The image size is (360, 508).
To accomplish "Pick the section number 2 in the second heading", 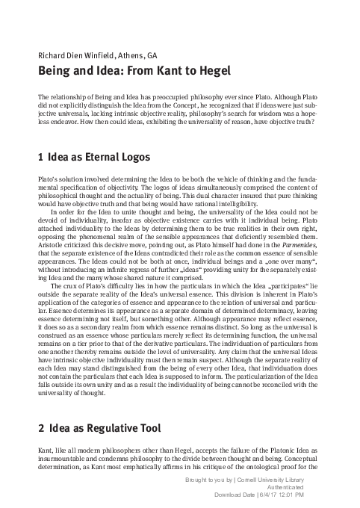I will click(40, 429).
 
